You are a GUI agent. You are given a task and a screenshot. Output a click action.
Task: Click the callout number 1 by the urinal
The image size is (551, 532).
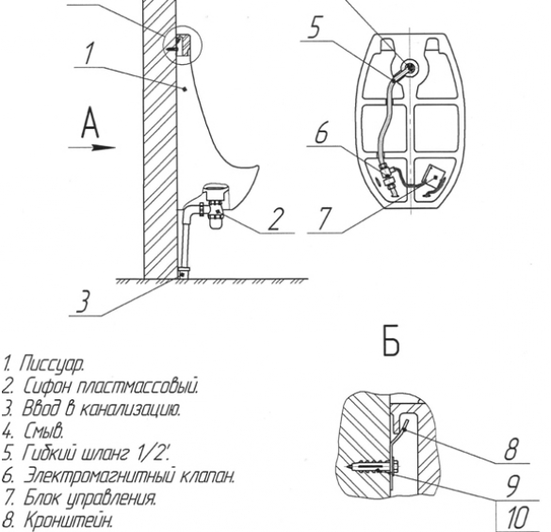point(89,54)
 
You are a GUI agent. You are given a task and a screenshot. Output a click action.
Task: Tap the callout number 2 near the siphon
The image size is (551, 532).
point(276,219)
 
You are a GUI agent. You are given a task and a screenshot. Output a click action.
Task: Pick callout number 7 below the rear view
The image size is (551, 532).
point(324,218)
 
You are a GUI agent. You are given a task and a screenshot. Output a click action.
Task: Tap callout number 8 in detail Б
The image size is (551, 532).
point(510,449)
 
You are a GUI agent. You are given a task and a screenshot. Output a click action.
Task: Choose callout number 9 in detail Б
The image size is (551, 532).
point(513,486)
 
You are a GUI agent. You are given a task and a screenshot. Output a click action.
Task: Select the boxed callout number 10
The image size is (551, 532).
point(518,518)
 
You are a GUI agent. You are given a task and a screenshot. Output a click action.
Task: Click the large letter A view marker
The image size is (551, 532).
point(90,123)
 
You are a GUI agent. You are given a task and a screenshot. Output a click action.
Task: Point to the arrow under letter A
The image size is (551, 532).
point(91,148)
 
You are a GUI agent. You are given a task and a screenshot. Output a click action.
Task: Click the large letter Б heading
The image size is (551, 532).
point(391,342)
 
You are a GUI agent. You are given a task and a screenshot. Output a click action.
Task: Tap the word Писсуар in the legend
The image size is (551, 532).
point(52,364)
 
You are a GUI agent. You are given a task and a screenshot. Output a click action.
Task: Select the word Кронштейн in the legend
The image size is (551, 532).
point(69,520)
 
